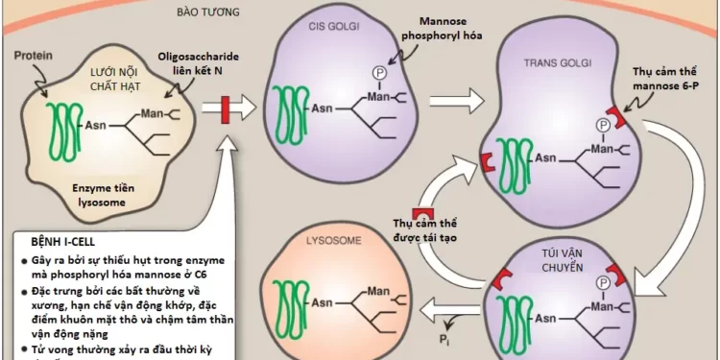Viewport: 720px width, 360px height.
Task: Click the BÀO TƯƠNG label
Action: [208, 13]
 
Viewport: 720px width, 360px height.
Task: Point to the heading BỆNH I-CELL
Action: [63, 243]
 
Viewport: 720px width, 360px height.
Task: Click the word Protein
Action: [34, 56]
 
